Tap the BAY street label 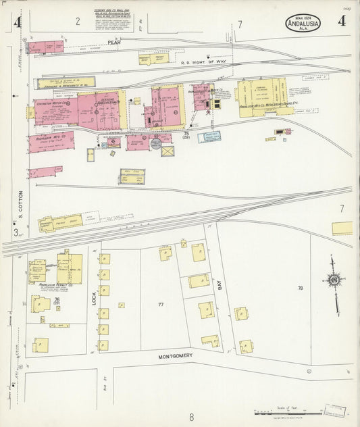(220, 285)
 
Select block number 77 (161, 305)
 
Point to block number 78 (300, 288)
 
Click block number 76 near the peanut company (57, 299)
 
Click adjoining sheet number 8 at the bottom (191, 417)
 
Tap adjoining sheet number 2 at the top (78, 22)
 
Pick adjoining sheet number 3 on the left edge (15, 232)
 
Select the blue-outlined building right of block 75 (209, 137)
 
